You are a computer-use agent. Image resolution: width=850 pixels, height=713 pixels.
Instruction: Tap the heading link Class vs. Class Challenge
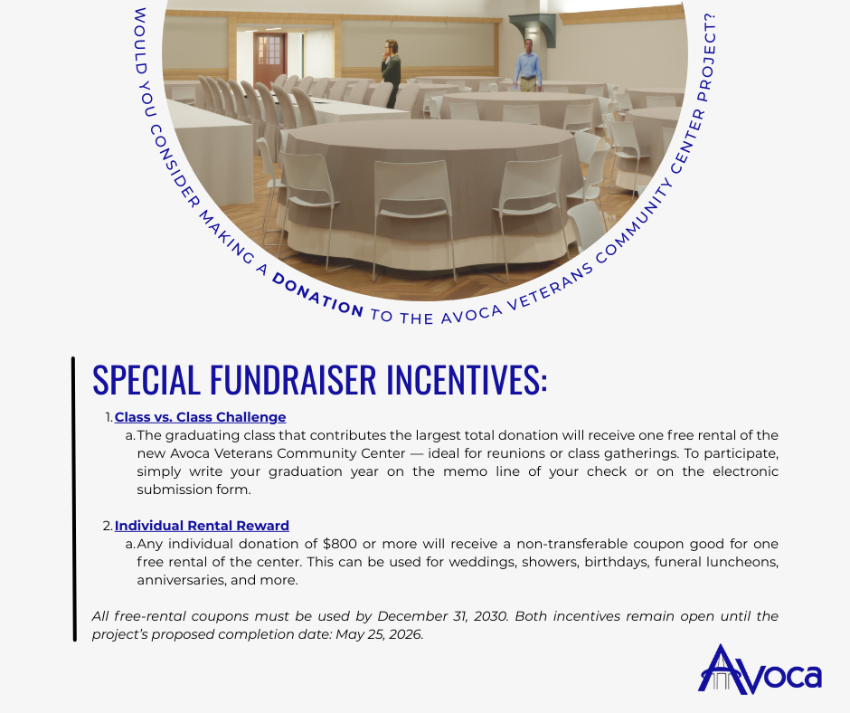pos(200,417)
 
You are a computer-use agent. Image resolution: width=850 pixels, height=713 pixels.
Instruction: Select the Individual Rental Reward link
pos(202,526)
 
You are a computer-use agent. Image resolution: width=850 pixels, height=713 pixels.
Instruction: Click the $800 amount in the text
pos(340,544)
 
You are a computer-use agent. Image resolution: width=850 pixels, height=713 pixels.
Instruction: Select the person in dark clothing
pos(392,72)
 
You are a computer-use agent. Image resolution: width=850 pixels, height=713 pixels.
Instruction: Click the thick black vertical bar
pos(73,499)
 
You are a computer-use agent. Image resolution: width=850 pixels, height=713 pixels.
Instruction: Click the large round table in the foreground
pos(425,181)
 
